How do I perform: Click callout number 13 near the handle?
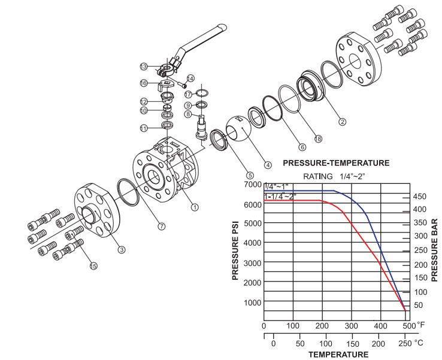(144, 66)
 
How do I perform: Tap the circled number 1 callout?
(195, 207)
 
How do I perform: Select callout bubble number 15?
(93, 265)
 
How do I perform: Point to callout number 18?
(319, 139)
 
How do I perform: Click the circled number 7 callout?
(161, 226)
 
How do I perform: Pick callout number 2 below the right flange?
(343, 122)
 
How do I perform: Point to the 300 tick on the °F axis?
(351, 325)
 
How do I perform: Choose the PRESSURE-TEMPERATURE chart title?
(336, 162)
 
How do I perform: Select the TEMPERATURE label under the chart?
(338, 355)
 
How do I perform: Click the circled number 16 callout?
(144, 83)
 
